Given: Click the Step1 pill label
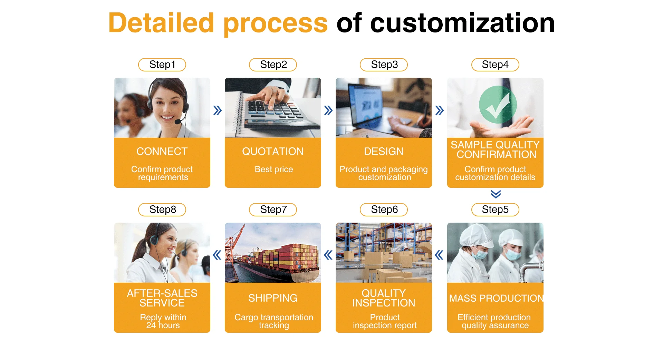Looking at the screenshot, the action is [x=162, y=65].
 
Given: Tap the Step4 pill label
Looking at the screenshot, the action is [x=495, y=65].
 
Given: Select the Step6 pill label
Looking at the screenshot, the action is [x=384, y=210].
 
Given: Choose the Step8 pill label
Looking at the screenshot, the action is [x=162, y=210].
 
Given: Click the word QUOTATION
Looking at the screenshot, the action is [x=273, y=151].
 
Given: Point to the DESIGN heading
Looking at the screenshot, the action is [x=384, y=151].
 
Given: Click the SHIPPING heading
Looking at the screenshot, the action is [x=273, y=298].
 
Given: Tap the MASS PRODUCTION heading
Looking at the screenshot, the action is [x=496, y=298].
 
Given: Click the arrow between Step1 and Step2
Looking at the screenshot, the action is [x=217, y=110].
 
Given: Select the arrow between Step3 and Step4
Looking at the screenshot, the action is [x=439, y=110].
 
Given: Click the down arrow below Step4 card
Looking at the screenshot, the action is [x=496, y=194].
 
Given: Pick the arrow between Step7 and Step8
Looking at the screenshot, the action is [x=217, y=255].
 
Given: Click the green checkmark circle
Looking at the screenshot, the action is [x=498, y=104].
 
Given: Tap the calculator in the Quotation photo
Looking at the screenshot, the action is [x=276, y=110].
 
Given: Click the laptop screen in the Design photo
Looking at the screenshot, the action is [x=366, y=104].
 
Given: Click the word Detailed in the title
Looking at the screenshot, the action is [x=161, y=23].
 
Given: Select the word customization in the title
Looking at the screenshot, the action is [x=462, y=23].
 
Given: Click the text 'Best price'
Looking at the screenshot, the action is [x=273, y=169].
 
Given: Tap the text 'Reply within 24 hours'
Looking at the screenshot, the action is [x=163, y=321].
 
